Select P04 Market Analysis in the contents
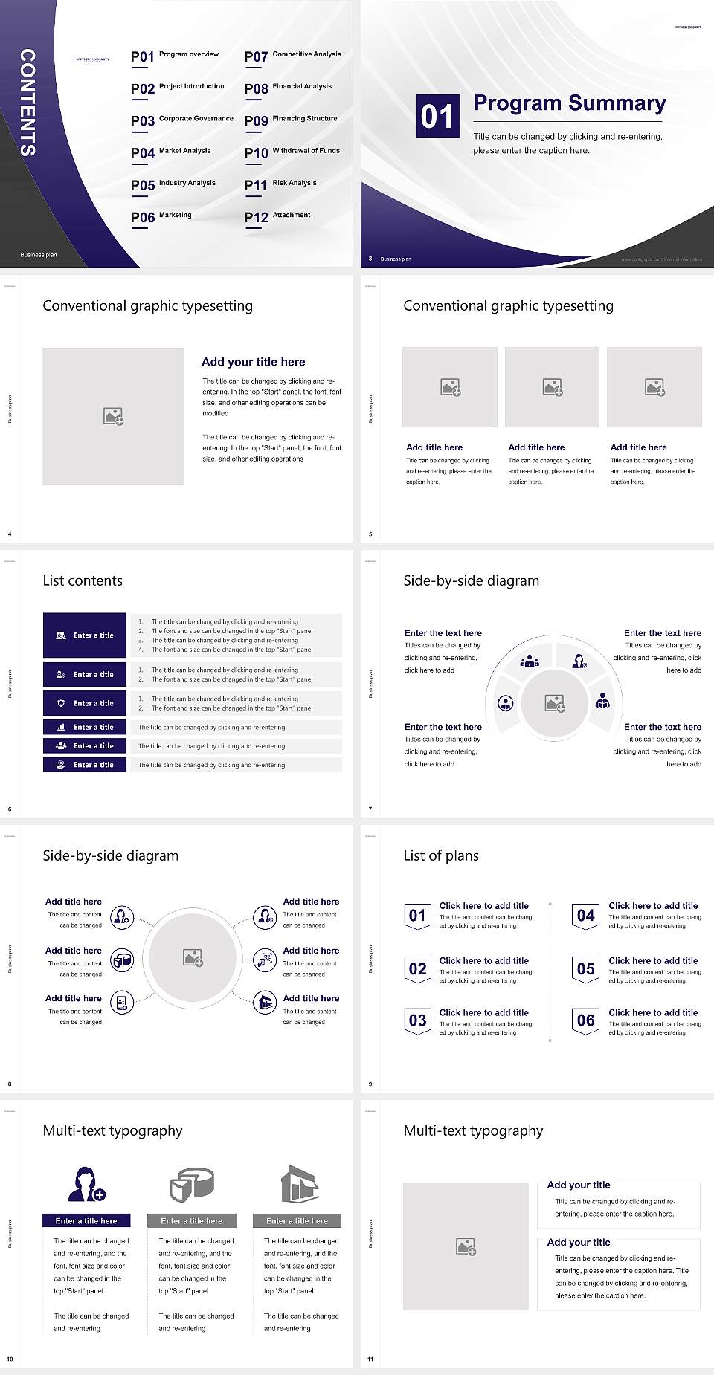[x=171, y=152]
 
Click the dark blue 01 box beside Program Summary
[x=437, y=116]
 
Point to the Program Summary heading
[x=570, y=103]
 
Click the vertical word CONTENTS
[x=28, y=103]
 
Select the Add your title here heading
[x=253, y=362]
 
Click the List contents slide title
[x=83, y=580]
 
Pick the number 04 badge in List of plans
[x=586, y=916]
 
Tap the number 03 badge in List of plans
[x=418, y=1020]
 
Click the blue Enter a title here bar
[x=86, y=1221]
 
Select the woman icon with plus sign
[x=86, y=1183]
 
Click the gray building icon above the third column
[x=300, y=1183]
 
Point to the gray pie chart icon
[x=192, y=1184]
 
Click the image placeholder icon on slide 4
[x=113, y=416]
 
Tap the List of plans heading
[x=441, y=855]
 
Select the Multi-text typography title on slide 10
[x=112, y=1130]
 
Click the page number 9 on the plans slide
[x=370, y=1084]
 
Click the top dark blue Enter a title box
[x=85, y=635]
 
